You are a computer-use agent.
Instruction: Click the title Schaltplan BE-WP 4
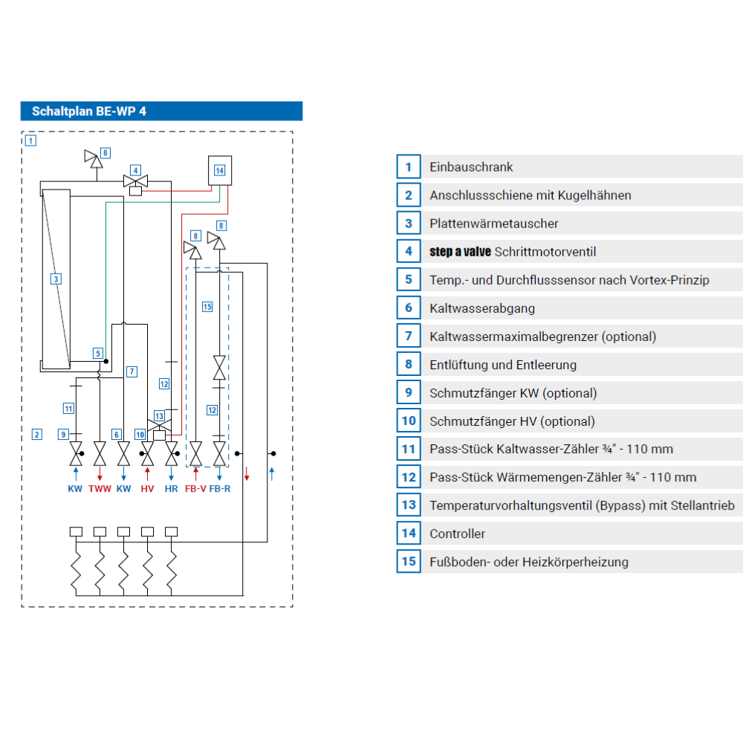(88, 111)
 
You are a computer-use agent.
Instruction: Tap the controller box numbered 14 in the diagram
(220, 170)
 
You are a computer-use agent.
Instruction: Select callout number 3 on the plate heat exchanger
(56, 279)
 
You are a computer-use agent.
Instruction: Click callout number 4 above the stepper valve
(135, 171)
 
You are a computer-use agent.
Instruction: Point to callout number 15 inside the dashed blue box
(207, 307)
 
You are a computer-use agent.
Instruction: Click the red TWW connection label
(100, 489)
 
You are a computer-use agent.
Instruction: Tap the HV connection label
(147, 489)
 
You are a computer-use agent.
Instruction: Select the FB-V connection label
(195, 489)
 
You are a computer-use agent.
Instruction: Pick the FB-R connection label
(220, 489)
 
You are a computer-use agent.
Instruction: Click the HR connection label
(171, 489)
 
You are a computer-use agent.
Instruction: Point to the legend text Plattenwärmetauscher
(494, 224)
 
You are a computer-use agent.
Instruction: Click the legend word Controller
(457, 534)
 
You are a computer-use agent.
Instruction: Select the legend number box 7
(409, 336)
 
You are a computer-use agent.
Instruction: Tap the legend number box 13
(409, 505)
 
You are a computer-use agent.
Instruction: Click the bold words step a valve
(460, 252)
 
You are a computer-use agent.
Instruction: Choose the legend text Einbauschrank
(471, 166)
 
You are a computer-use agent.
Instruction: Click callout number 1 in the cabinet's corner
(30, 140)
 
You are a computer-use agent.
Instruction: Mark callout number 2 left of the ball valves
(37, 435)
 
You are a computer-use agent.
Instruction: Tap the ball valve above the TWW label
(100, 454)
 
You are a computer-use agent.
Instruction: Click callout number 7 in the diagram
(132, 371)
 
